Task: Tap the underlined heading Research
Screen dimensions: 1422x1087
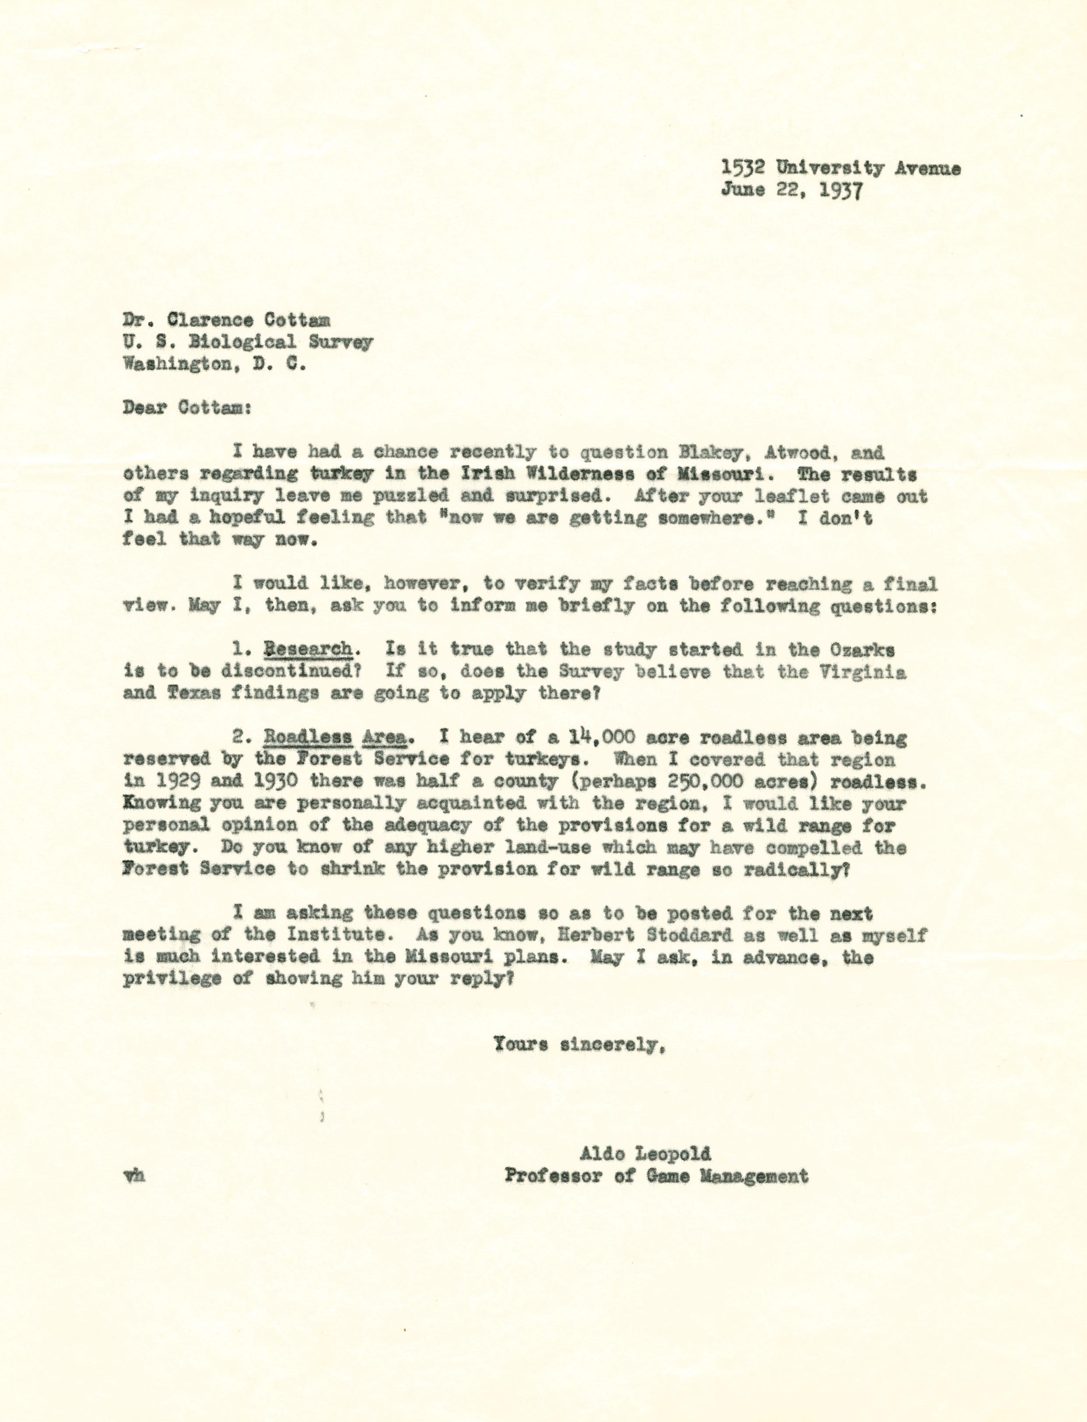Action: [308, 649]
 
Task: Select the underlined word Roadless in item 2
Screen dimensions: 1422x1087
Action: [308, 737]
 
